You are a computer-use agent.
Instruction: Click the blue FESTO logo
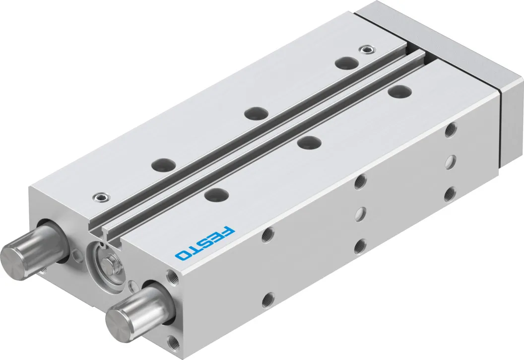[205, 244]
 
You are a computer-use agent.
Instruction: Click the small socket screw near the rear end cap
[367, 50]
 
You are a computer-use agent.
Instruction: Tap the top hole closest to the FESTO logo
[216, 194]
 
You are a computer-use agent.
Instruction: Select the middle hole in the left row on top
[256, 113]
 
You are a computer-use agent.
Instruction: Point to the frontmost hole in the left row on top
[163, 164]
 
